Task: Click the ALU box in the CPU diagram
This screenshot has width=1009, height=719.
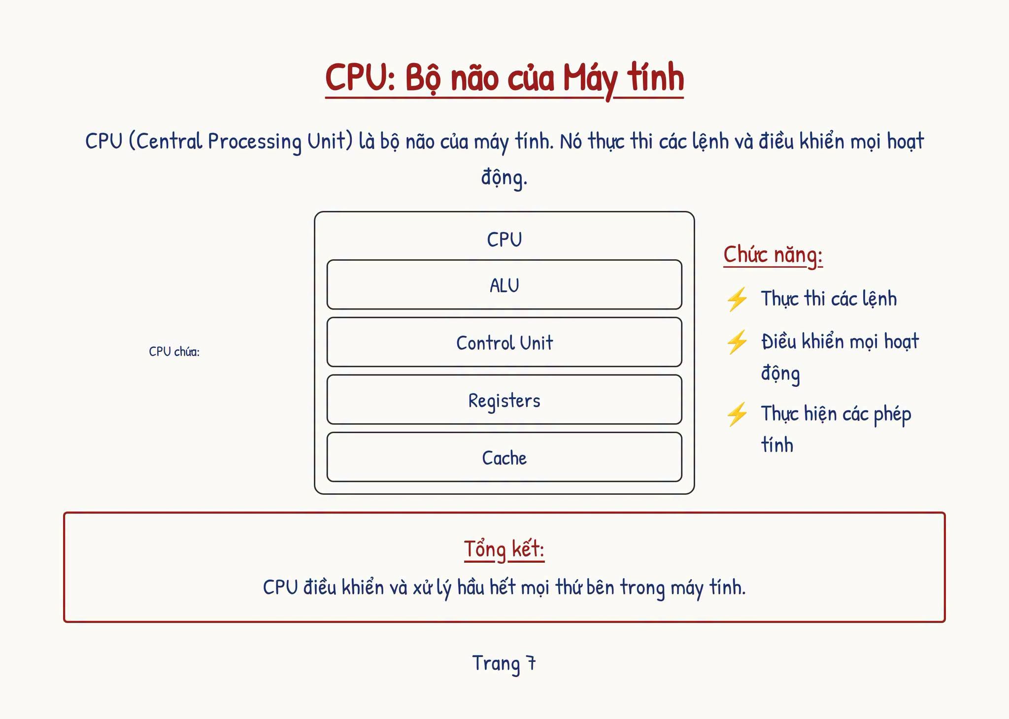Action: point(504,285)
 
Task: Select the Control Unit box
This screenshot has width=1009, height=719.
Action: point(504,342)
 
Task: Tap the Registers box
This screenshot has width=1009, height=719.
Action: point(504,400)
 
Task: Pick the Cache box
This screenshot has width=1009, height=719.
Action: point(504,457)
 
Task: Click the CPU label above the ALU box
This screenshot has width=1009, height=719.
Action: point(504,240)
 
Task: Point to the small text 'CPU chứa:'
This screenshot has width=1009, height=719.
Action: point(174,351)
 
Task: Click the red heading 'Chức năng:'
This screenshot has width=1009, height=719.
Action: point(773,255)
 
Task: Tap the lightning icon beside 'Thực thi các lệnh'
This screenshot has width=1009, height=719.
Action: point(737,299)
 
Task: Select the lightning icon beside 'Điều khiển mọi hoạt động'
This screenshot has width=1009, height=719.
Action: point(737,342)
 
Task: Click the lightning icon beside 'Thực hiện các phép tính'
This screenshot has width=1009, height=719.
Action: point(737,414)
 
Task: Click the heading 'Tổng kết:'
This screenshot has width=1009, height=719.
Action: point(504,549)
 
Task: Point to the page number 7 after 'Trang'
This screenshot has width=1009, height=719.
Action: point(531,663)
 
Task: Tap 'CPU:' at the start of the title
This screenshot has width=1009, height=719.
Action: point(360,77)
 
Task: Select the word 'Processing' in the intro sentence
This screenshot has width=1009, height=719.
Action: point(255,142)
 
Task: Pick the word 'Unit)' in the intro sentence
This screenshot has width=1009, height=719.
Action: point(331,141)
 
